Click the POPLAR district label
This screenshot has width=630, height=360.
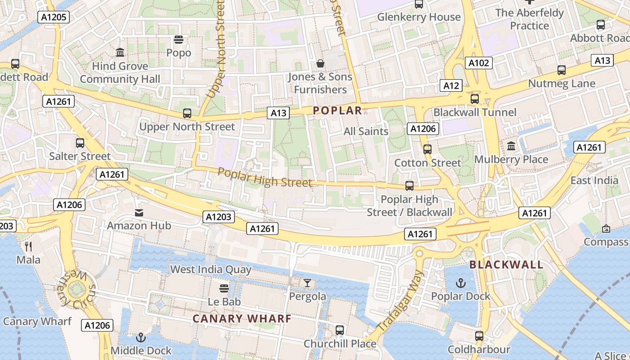coord(337,111)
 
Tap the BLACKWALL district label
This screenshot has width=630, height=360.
coord(506,265)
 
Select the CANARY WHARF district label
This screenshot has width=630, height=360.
coord(242,319)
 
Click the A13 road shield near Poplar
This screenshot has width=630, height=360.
coord(278,113)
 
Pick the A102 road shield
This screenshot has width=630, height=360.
coord(478,63)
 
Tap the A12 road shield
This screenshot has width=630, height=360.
coord(451,85)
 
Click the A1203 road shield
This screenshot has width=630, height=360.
coord(218,217)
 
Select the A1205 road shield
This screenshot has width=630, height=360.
coord(53,18)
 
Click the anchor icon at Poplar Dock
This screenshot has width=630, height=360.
coord(460,283)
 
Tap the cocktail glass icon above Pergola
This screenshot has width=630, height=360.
coord(307,283)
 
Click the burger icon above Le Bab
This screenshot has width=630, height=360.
coord(224,288)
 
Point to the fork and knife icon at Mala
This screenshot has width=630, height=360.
coord(28,246)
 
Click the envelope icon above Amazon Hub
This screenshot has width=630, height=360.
coord(139,212)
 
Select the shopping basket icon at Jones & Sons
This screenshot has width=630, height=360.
coord(320,63)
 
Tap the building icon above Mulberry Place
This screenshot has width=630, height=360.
coord(511,146)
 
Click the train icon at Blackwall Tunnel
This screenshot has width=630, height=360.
coord(474,99)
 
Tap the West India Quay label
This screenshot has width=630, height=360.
coord(211,270)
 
